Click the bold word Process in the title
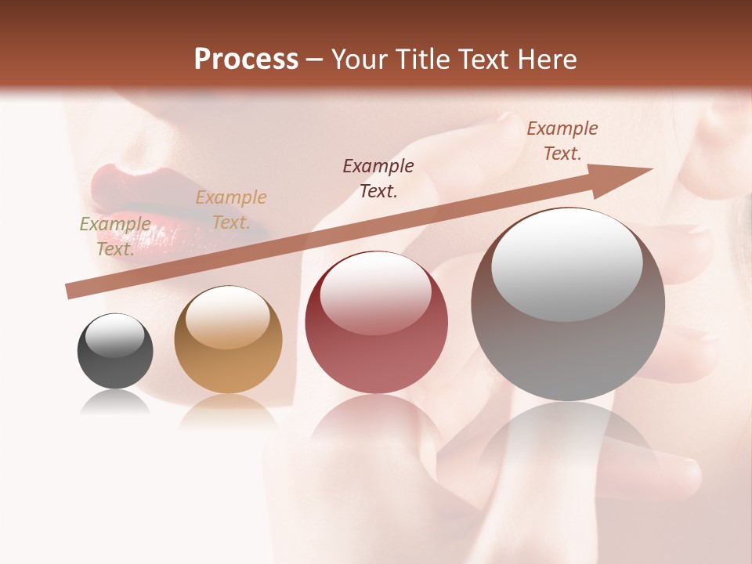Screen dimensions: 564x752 pos(246,60)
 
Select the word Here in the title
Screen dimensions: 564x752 pos(548,60)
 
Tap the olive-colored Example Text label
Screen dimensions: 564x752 pos(115,236)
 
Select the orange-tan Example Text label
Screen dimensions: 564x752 pos(230,210)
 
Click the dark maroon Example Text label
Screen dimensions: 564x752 pos(378,178)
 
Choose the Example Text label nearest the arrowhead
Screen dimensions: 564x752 pos(562,141)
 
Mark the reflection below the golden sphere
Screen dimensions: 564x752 pos(228,410)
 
